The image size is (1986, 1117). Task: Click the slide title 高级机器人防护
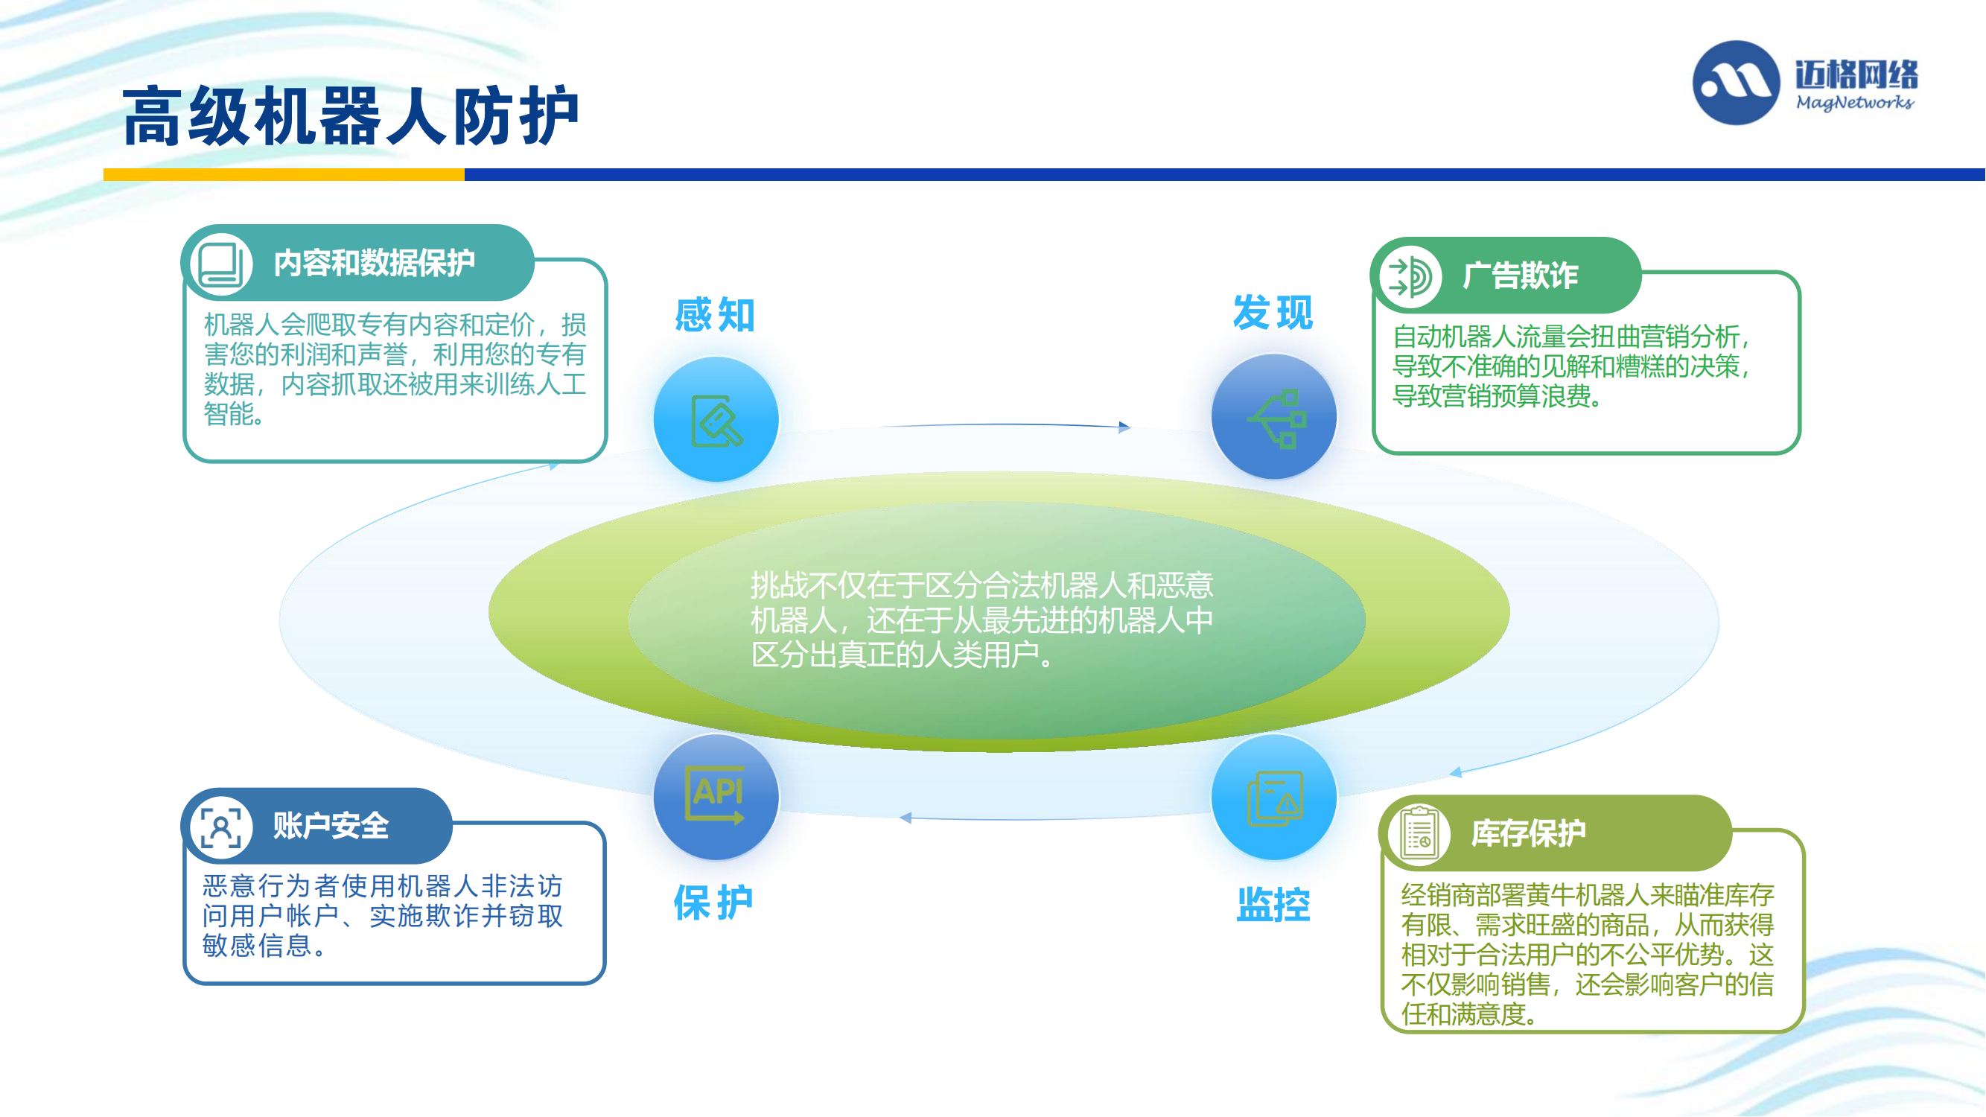coord(351,115)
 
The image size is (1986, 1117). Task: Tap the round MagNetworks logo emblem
coord(1737,83)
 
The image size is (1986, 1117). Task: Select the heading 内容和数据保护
coord(374,263)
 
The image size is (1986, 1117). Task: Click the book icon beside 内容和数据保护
coord(221,264)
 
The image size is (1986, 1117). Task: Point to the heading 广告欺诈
coord(1521,276)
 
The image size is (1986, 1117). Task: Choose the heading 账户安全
coord(331,826)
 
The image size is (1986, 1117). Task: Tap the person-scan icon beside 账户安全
coord(221,827)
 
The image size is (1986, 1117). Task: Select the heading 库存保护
coord(1529,833)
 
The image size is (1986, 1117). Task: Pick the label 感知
coord(715,315)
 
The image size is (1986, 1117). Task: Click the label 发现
coord(1273,313)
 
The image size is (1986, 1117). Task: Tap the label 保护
coord(714,903)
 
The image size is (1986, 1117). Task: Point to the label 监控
coord(1273,905)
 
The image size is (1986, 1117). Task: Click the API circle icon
coord(716,797)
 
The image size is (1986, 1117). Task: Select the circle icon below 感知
coord(716,419)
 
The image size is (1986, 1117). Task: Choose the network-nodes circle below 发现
coord(1273,417)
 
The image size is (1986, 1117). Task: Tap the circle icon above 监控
coord(1273,797)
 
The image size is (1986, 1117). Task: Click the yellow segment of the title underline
coord(284,175)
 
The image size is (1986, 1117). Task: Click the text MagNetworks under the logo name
coord(1855,103)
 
